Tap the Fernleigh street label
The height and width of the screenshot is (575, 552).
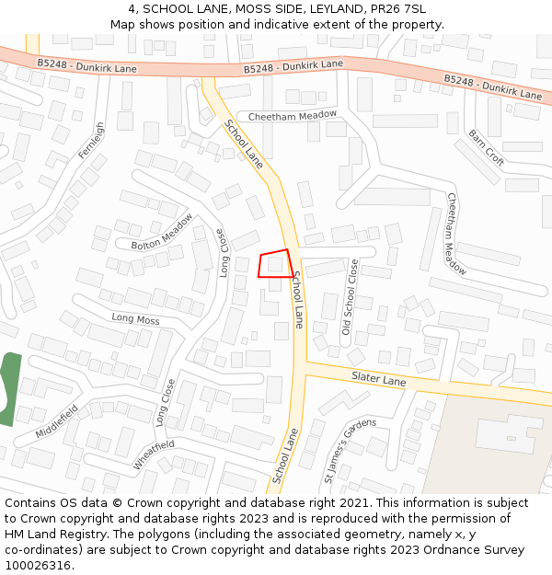pyautogui.click(x=92, y=141)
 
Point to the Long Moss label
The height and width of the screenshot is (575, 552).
pyautogui.click(x=135, y=319)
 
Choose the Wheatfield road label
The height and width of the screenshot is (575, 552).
pyautogui.click(x=153, y=454)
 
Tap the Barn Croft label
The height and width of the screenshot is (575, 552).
pyautogui.click(x=486, y=146)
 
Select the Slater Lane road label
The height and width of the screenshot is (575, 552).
pyautogui.click(x=378, y=379)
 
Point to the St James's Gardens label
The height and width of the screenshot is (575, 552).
pyautogui.click(x=350, y=450)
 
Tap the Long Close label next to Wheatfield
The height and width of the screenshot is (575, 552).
pyautogui.click(x=165, y=402)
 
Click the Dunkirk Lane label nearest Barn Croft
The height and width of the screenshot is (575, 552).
pyautogui.click(x=493, y=87)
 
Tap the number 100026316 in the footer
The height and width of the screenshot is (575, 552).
pyautogui.click(x=40, y=565)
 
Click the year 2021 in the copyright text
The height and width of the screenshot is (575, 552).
pyautogui.click(x=353, y=503)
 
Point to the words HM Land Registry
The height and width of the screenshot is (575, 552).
pyautogui.click(x=52, y=535)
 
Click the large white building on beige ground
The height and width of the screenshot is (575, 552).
pyautogui.click(x=511, y=433)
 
